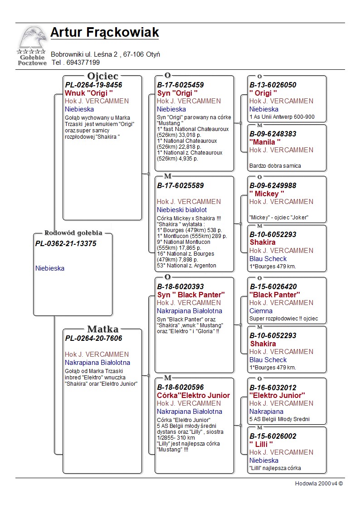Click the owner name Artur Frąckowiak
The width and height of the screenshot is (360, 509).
[104, 33]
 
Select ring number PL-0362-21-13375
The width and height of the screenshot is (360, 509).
[66, 243]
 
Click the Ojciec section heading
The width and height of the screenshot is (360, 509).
[102, 76]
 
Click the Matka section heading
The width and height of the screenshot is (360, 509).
[102, 329]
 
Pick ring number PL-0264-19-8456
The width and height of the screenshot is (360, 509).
[93, 85]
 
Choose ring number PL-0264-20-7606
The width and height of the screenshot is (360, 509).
[93, 338]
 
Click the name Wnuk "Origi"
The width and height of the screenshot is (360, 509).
[89, 93]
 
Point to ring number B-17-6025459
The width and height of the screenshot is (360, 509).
[180, 85]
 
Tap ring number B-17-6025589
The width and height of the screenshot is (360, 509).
[180, 185]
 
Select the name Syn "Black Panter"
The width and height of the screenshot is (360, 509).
[191, 295]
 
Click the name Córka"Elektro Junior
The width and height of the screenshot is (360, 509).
[193, 395]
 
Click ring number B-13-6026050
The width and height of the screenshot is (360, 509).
[273, 85]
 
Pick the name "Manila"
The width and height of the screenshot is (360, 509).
[265, 142]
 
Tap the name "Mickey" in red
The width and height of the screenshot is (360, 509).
[267, 194]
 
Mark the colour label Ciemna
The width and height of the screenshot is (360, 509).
[261, 311]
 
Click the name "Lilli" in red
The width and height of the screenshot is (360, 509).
[262, 444]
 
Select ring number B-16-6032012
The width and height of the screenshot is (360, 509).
[273, 388]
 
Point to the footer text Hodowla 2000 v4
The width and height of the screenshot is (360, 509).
[319, 484]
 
